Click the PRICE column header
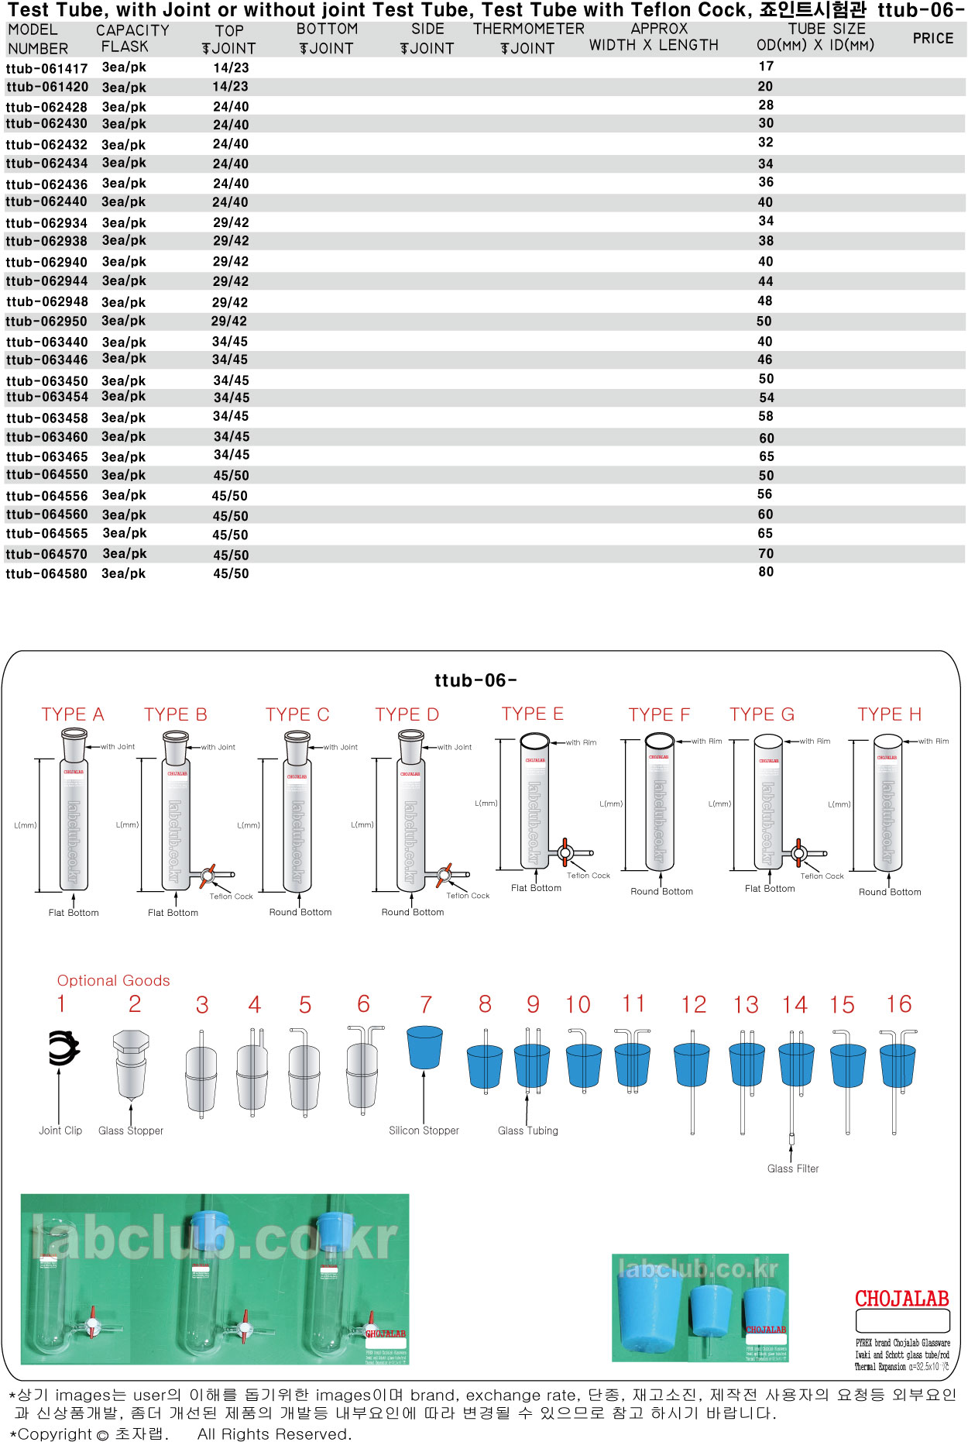932,38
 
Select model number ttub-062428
46,107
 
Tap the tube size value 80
766,572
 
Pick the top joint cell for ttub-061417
231,68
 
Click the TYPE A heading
73,714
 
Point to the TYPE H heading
889,714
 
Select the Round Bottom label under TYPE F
661,892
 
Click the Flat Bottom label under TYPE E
536,888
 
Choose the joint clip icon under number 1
62,1048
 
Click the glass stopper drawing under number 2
130,1063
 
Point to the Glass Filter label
792,1168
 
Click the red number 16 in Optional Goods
898,1005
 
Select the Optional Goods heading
113,980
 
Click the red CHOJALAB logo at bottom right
901,1299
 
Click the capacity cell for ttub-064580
124,574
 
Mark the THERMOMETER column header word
529,29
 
